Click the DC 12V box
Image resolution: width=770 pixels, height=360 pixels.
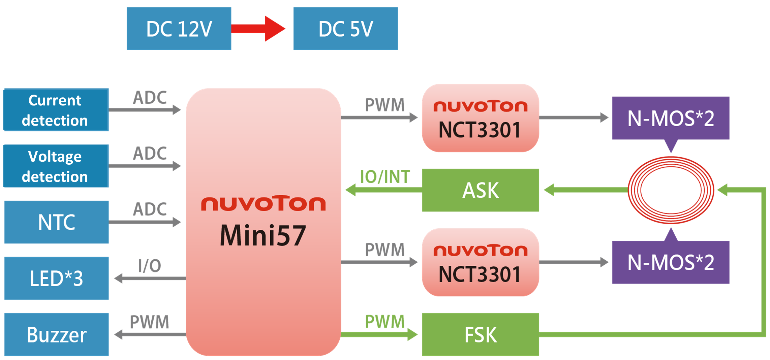coord(179,29)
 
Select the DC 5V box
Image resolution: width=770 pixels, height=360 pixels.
coord(345,29)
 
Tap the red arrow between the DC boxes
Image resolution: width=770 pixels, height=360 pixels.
coord(258,29)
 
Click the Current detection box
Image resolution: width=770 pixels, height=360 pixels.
coord(56,110)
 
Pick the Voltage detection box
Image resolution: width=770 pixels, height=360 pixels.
coord(56,166)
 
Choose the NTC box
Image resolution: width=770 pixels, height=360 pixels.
coord(56,222)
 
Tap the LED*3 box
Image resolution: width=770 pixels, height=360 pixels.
coord(56,278)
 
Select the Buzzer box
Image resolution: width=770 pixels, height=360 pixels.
coord(56,334)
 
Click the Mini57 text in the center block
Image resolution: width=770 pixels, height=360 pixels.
coord(263,235)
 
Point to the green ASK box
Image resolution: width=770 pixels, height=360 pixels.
coord(481,190)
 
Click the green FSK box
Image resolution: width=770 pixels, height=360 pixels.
coord(481,334)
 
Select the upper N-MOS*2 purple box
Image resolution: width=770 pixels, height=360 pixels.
coord(671,118)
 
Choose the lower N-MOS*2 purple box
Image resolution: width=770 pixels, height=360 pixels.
coord(671,262)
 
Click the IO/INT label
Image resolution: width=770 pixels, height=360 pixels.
coord(385,177)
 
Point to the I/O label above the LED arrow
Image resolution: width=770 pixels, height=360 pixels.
coord(150,266)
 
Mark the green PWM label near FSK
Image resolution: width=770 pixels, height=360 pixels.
coord(385,322)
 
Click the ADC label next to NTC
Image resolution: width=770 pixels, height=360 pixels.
coord(150,209)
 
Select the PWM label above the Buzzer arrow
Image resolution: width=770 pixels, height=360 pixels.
coord(150,322)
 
